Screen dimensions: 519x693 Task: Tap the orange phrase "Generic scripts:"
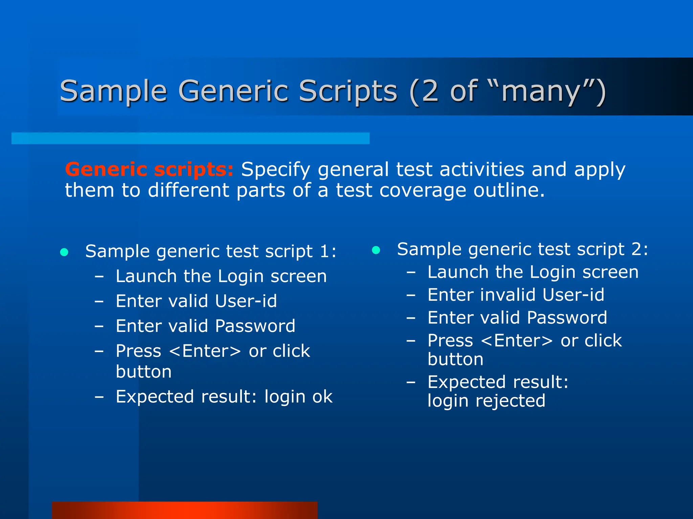point(149,169)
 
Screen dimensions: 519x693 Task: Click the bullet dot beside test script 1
point(64,252)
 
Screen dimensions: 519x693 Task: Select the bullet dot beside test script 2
point(376,250)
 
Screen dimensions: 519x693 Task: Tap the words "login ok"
point(298,397)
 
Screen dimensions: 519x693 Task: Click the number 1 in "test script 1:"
point(324,251)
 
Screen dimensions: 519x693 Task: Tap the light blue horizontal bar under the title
point(190,138)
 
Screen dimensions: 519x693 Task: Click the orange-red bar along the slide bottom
point(185,510)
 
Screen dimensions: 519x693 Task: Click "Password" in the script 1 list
point(255,326)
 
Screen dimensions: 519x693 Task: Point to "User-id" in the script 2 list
point(573,295)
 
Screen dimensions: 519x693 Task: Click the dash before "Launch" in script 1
point(99,276)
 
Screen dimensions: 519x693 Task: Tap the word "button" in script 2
point(455,359)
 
